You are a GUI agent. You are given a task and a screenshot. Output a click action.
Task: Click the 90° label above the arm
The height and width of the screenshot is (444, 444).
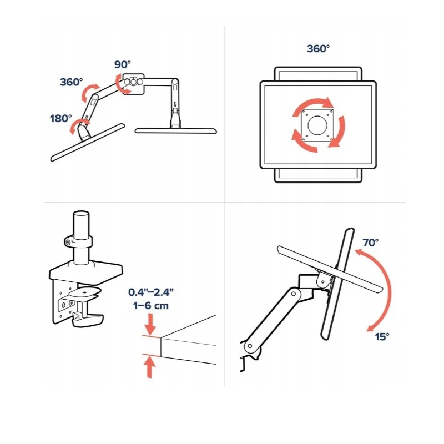(x=123, y=64)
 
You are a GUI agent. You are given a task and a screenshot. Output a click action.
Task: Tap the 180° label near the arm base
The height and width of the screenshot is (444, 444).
(x=61, y=118)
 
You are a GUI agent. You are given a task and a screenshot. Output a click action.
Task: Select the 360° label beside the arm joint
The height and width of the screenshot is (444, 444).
(x=72, y=82)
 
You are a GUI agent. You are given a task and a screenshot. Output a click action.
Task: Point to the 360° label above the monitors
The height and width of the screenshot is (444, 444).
(x=318, y=49)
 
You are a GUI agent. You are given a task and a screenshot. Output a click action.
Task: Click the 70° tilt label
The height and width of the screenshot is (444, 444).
(x=370, y=243)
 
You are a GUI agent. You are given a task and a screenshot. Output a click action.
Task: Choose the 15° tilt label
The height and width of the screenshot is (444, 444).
(x=382, y=337)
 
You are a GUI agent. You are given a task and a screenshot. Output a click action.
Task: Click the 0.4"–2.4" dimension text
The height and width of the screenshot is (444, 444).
(x=151, y=292)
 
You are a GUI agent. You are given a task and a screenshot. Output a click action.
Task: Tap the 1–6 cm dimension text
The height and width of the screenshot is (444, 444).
(x=151, y=306)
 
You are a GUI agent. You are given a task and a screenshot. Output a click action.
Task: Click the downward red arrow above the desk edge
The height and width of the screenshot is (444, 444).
(x=150, y=324)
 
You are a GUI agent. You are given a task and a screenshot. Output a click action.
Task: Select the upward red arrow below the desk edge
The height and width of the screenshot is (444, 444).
(x=149, y=367)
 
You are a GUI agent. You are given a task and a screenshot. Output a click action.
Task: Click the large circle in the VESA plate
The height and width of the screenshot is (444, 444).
(x=317, y=125)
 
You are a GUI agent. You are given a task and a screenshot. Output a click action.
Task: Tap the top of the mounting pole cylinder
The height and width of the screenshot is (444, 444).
(x=81, y=214)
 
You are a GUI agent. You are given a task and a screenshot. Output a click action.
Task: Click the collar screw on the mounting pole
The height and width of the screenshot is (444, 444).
(x=68, y=243)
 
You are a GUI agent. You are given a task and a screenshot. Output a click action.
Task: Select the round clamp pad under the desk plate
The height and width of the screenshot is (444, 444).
(x=85, y=291)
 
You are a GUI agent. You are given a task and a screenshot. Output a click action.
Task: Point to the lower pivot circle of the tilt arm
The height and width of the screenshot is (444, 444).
(x=250, y=346)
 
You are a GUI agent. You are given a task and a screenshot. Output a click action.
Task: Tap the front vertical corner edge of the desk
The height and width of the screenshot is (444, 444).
(x=161, y=347)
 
